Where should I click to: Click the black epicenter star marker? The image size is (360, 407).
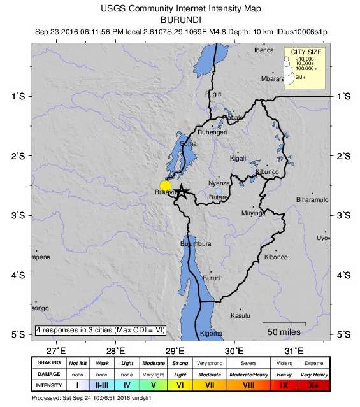pos(182,191)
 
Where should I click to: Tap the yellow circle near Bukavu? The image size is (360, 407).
pos(166,185)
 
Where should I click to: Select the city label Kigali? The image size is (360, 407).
pos(238,159)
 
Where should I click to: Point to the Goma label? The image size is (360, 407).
pos(189,144)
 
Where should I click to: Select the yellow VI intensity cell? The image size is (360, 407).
pos(180,385)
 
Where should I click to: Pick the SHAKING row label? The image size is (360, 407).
pos(48,362)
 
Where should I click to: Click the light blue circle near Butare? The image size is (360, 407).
pos(219,191)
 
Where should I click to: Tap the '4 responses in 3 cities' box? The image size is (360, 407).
pos(100,330)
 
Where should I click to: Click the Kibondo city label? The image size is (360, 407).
pos(276,257)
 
